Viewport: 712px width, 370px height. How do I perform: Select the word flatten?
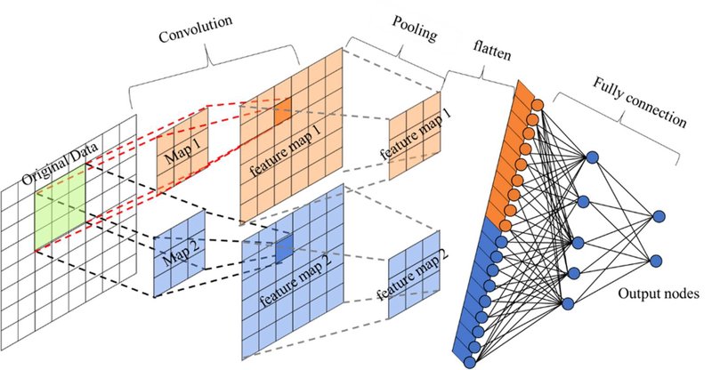coord(492,51)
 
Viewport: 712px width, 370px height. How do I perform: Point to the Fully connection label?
coord(640,101)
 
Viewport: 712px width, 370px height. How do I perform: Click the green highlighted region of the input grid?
coord(60,207)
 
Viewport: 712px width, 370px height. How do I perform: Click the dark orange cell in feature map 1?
coord(282,112)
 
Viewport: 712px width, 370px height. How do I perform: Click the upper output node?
coord(659,216)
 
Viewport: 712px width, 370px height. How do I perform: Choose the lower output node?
coord(656,261)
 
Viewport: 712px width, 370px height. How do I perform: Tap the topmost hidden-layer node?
coord(592,158)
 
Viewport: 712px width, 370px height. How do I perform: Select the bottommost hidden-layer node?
coord(568,303)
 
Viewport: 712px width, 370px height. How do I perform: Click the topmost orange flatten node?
coord(538,105)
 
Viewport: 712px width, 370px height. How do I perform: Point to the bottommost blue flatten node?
coord(470,362)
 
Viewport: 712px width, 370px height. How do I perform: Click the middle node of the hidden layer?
coord(578,243)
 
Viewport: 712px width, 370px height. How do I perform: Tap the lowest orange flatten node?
coord(506,226)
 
